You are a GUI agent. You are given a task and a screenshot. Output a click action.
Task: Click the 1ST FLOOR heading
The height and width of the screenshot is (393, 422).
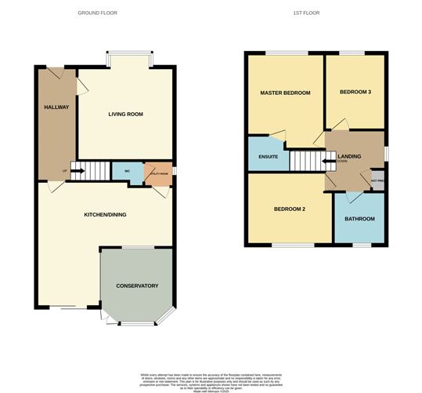click(x=308, y=13)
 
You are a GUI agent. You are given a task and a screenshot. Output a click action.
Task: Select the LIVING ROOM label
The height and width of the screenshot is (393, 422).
click(x=125, y=115)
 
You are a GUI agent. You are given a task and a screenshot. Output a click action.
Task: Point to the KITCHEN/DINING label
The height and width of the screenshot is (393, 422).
click(x=106, y=214)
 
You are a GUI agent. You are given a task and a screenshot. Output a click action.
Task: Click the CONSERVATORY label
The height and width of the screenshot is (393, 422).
click(x=137, y=286)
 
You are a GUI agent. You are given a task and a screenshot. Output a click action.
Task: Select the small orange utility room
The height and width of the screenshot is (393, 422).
click(x=157, y=173)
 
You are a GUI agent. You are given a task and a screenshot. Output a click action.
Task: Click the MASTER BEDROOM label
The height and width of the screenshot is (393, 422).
click(x=285, y=93)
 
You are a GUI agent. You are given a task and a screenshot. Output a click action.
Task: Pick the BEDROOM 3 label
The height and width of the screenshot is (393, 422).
click(x=355, y=93)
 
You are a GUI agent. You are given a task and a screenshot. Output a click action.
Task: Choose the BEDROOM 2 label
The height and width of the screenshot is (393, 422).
click(x=289, y=210)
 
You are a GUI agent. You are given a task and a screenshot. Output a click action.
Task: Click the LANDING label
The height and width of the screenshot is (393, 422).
click(x=349, y=157)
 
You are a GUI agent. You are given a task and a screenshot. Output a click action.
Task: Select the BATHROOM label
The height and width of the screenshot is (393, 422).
click(x=359, y=219)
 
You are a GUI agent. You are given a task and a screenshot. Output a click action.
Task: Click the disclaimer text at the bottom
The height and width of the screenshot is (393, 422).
click(x=211, y=380)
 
